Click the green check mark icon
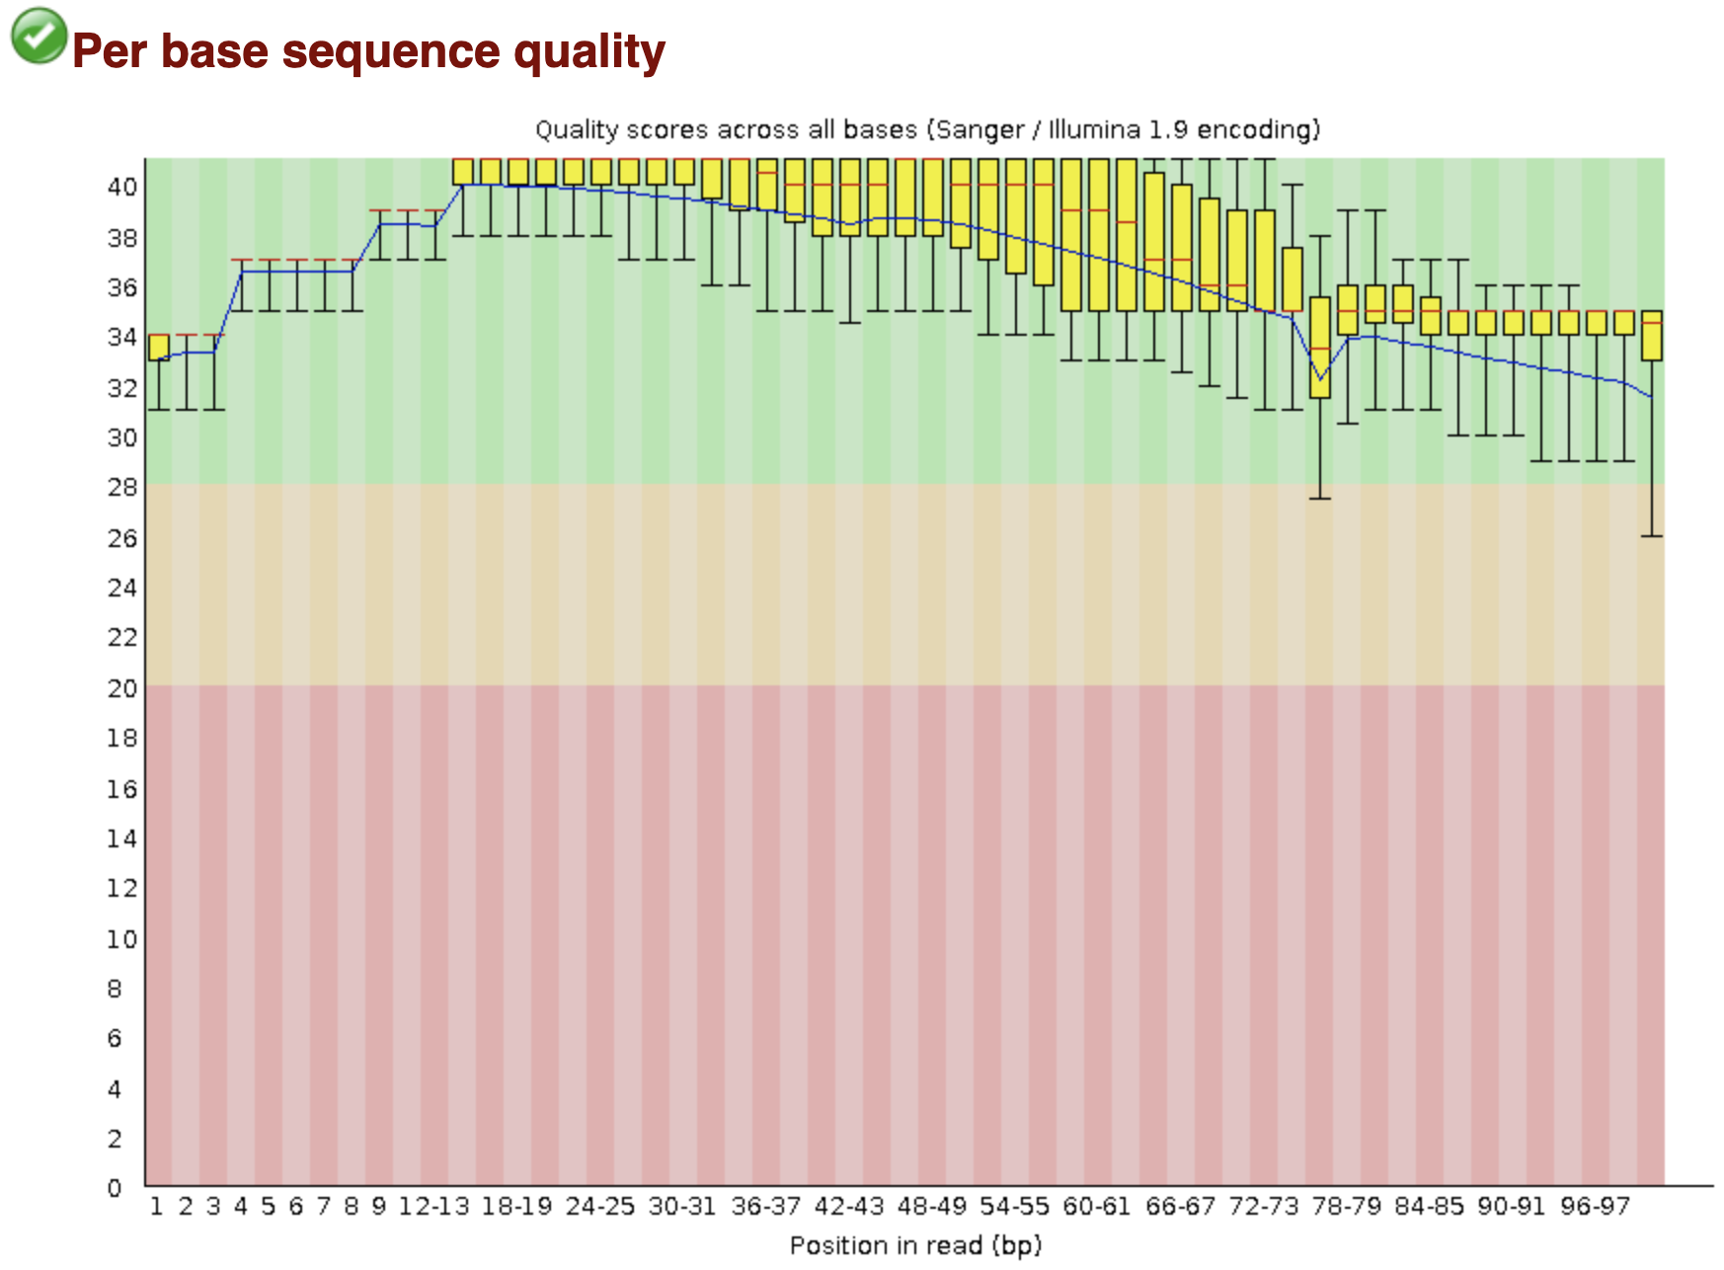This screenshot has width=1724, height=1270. (x=39, y=37)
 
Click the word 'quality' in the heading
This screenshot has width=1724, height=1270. (x=596, y=51)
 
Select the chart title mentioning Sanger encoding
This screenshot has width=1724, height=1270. (x=927, y=129)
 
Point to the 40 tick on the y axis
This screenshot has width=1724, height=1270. (x=122, y=187)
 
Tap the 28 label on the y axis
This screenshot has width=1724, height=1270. (x=122, y=487)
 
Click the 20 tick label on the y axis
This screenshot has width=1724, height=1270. (x=122, y=688)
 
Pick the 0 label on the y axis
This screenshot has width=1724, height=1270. (x=116, y=1188)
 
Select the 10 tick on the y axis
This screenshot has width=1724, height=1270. (x=122, y=939)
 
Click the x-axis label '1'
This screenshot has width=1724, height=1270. (x=156, y=1207)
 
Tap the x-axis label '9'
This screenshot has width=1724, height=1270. (x=378, y=1207)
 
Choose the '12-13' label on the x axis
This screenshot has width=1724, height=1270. (x=433, y=1207)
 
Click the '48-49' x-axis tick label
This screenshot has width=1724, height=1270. (x=931, y=1207)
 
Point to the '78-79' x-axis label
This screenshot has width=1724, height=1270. (x=1346, y=1207)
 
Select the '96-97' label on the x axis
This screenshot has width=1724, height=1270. (x=1595, y=1207)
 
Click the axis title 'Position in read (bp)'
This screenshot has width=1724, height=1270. (x=915, y=1245)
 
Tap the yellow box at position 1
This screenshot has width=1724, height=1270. (x=159, y=348)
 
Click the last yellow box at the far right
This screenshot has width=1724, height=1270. (x=1651, y=336)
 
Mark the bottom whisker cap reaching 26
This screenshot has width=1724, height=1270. (x=1651, y=536)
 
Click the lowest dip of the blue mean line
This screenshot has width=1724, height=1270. (x=1320, y=379)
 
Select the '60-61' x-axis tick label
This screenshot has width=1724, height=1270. (x=1097, y=1207)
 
